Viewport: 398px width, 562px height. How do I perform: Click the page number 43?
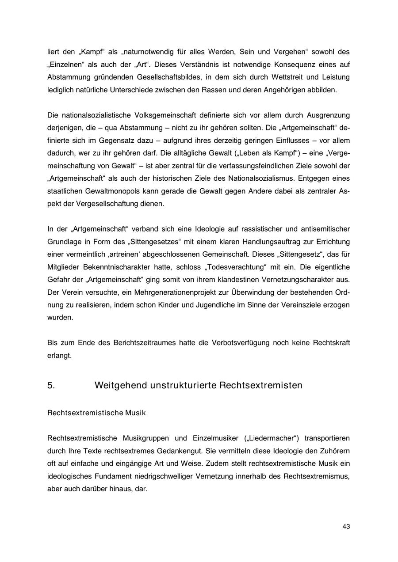(x=346, y=526)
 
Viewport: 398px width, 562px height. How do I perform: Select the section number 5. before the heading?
(x=51, y=385)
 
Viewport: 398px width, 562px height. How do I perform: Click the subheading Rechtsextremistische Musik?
(x=96, y=413)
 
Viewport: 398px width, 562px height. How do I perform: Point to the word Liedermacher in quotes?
(x=272, y=438)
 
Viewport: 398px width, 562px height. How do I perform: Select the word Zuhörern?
(x=334, y=451)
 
